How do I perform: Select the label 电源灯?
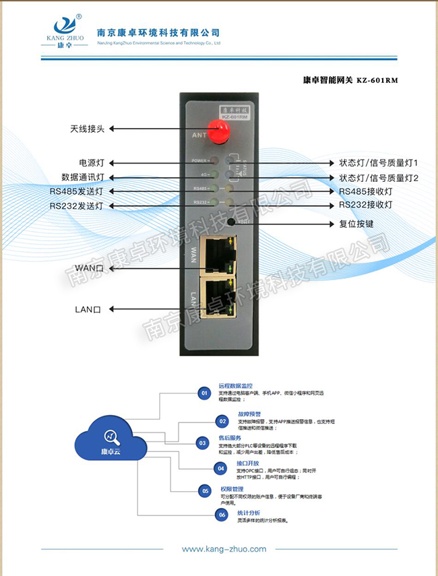[x=91, y=163]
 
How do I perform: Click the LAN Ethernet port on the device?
[x=218, y=296]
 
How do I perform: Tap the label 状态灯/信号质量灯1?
[x=379, y=163]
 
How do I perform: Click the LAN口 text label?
[x=88, y=309]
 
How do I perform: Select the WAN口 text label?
[x=88, y=268]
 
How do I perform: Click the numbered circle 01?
[x=204, y=392]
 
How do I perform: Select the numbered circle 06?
[x=220, y=515]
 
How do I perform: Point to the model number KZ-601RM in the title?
[x=377, y=80]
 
